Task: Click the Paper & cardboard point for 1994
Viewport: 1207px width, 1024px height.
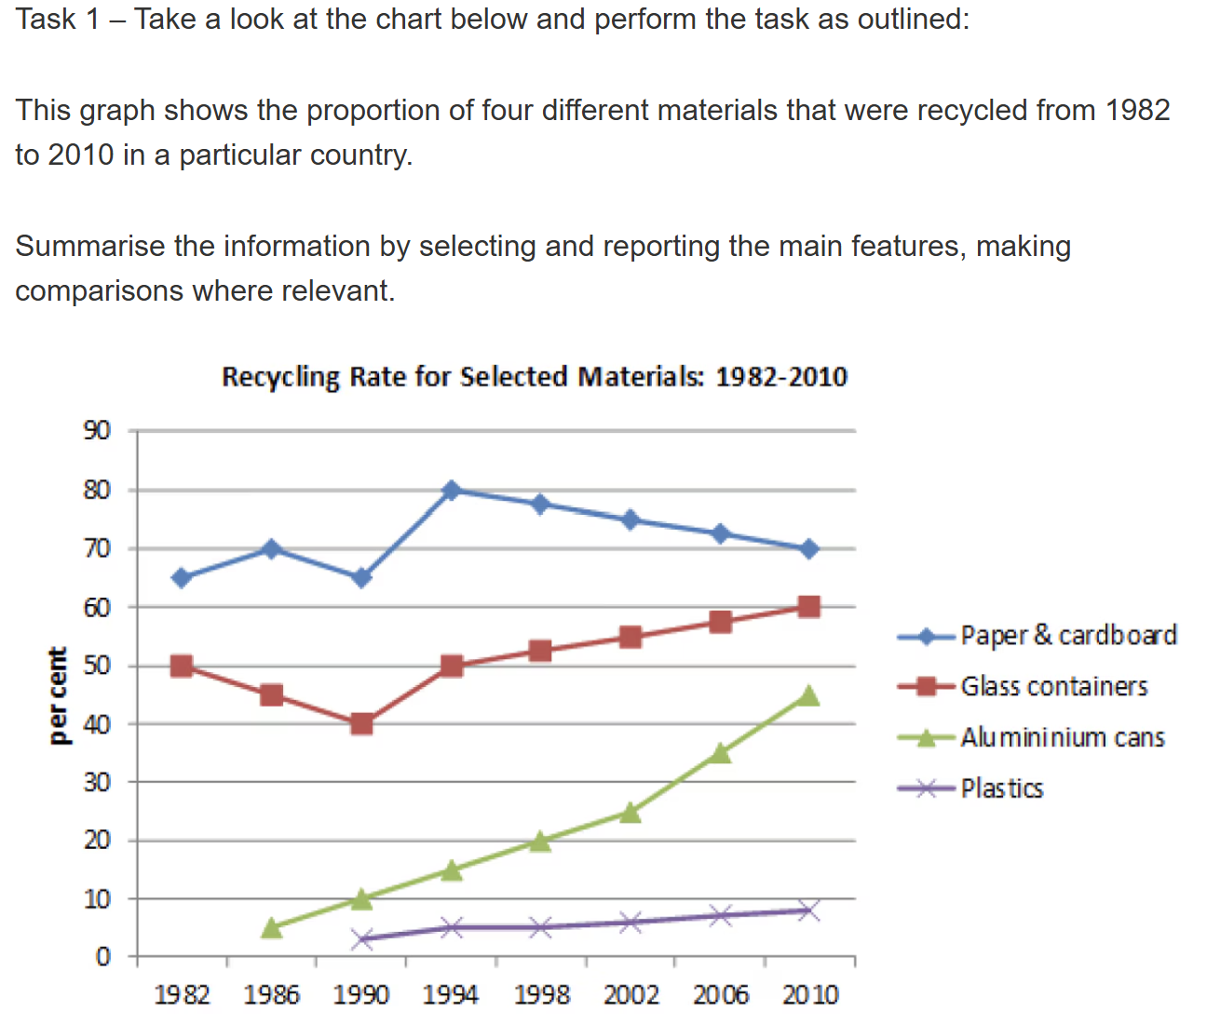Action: pos(452,490)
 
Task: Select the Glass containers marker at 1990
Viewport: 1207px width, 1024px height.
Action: pos(361,723)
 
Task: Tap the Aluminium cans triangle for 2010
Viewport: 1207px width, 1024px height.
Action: pos(808,695)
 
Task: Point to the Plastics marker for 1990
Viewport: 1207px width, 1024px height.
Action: pos(361,938)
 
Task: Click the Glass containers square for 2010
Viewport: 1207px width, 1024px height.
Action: pos(808,607)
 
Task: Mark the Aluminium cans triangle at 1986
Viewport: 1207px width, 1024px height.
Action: pos(271,927)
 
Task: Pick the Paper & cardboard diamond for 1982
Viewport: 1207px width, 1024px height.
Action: pos(182,578)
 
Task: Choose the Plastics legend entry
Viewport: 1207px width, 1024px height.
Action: pos(1001,788)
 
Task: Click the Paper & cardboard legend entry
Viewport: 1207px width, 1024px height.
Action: pos(1068,636)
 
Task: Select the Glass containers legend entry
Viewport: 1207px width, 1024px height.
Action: pos(1053,687)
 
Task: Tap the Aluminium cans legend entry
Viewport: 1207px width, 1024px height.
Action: pos(1062,737)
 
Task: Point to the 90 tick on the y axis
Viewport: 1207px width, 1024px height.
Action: pos(97,430)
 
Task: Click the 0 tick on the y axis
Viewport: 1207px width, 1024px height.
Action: pos(103,957)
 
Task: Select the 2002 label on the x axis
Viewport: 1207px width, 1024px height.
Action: pos(631,995)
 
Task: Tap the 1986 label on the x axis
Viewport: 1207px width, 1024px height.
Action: pos(271,995)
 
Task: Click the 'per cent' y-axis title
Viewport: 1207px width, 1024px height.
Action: pos(58,694)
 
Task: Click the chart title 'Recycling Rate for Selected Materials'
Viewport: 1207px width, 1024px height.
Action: pos(534,377)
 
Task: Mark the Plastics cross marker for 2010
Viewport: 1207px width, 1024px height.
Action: pos(808,910)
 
